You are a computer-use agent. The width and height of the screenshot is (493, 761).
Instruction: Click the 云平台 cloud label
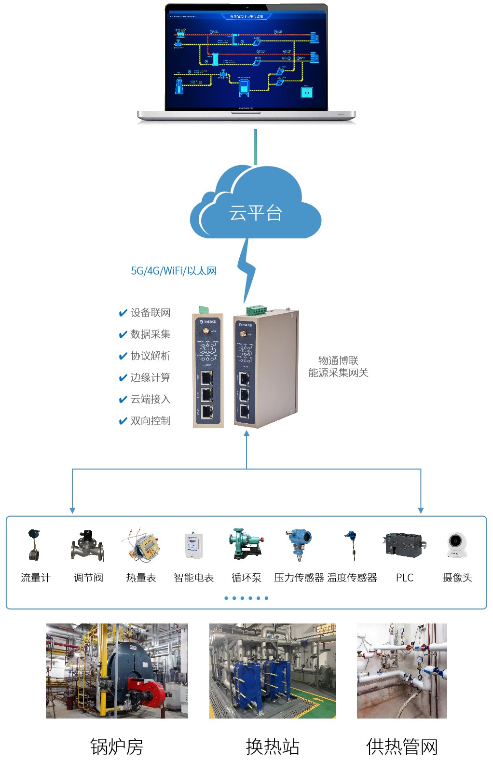[x=255, y=212]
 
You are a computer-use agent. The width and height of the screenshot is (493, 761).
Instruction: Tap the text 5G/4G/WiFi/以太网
[x=174, y=271]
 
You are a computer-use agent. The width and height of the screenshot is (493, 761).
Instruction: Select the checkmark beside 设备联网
[x=123, y=313]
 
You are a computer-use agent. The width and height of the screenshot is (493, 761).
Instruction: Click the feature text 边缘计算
[x=150, y=377]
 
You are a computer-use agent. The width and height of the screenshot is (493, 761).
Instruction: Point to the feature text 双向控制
[x=150, y=421]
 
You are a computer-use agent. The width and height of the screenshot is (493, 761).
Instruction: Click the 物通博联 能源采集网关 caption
[x=338, y=367]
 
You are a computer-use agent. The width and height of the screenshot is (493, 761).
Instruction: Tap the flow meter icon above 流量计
[x=34, y=545]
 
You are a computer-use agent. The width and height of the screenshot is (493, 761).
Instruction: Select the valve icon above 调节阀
[x=88, y=546]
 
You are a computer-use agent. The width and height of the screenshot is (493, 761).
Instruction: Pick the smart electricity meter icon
[x=193, y=546]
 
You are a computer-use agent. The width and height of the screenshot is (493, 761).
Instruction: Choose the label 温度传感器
[x=352, y=578]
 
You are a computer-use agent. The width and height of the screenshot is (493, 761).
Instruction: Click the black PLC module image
[x=405, y=545]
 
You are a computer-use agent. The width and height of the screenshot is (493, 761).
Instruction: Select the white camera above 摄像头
[x=457, y=545]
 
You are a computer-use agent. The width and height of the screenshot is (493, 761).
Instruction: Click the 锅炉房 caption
[x=117, y=747]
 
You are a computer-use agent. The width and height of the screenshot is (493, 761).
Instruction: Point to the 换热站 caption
[x=273, y=747]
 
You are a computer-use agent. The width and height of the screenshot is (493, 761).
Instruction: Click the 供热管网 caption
[x=402, y=747]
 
